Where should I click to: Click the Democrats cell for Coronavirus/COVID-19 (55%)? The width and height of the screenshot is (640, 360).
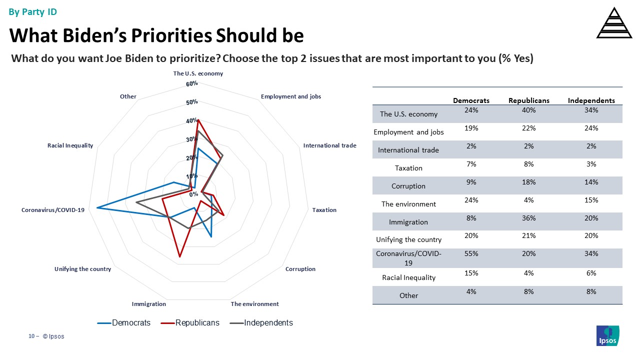tap(471, 253)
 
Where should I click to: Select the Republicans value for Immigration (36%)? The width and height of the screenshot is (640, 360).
tap(528, 218)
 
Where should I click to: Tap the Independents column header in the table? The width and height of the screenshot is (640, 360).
tap(591, 100)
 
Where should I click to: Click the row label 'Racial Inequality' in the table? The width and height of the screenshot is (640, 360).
tap(408, 277)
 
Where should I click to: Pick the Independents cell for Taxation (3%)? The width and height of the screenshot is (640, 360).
tap(591, 164)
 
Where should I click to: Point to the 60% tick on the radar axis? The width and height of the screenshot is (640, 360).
tap(192, 84)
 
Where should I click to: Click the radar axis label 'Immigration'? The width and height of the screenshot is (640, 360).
tap(149, 304)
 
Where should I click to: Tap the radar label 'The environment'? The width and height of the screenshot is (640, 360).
tap(254, 304)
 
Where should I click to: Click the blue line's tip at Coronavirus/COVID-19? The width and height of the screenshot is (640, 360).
tap(97, 207)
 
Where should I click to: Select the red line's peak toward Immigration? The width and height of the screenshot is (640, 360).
tap(179, 257)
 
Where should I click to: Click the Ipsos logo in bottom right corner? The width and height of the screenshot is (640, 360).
tap(607, 335)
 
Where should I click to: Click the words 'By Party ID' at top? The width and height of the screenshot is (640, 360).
tap(33, 12)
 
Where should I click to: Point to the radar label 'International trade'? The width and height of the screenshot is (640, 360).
tap(329, 145)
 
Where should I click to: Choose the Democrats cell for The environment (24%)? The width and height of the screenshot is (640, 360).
tap(471, 200)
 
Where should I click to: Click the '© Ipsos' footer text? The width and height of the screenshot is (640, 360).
tap(53, 336)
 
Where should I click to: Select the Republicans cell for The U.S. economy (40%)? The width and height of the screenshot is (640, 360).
tap(528, 110)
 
